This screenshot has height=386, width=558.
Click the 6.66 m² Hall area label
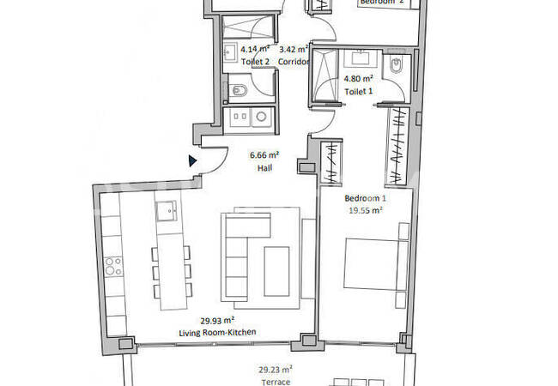coord(264,155)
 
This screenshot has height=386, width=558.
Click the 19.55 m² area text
coord(364,208)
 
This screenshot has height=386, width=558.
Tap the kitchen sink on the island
coord(167,208)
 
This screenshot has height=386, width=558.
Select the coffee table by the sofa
coord(276,268)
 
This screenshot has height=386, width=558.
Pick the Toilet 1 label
coord(358,90)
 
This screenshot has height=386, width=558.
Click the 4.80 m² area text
coord(358,78)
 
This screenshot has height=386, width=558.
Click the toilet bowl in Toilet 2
coord(238,89)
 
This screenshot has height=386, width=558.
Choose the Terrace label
coord(276,382)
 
